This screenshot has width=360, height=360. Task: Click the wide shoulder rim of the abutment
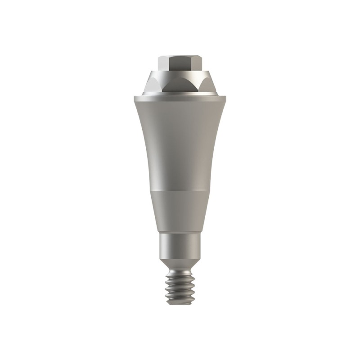coord(180,96)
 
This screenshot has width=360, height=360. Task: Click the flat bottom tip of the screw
coord(180,303)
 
